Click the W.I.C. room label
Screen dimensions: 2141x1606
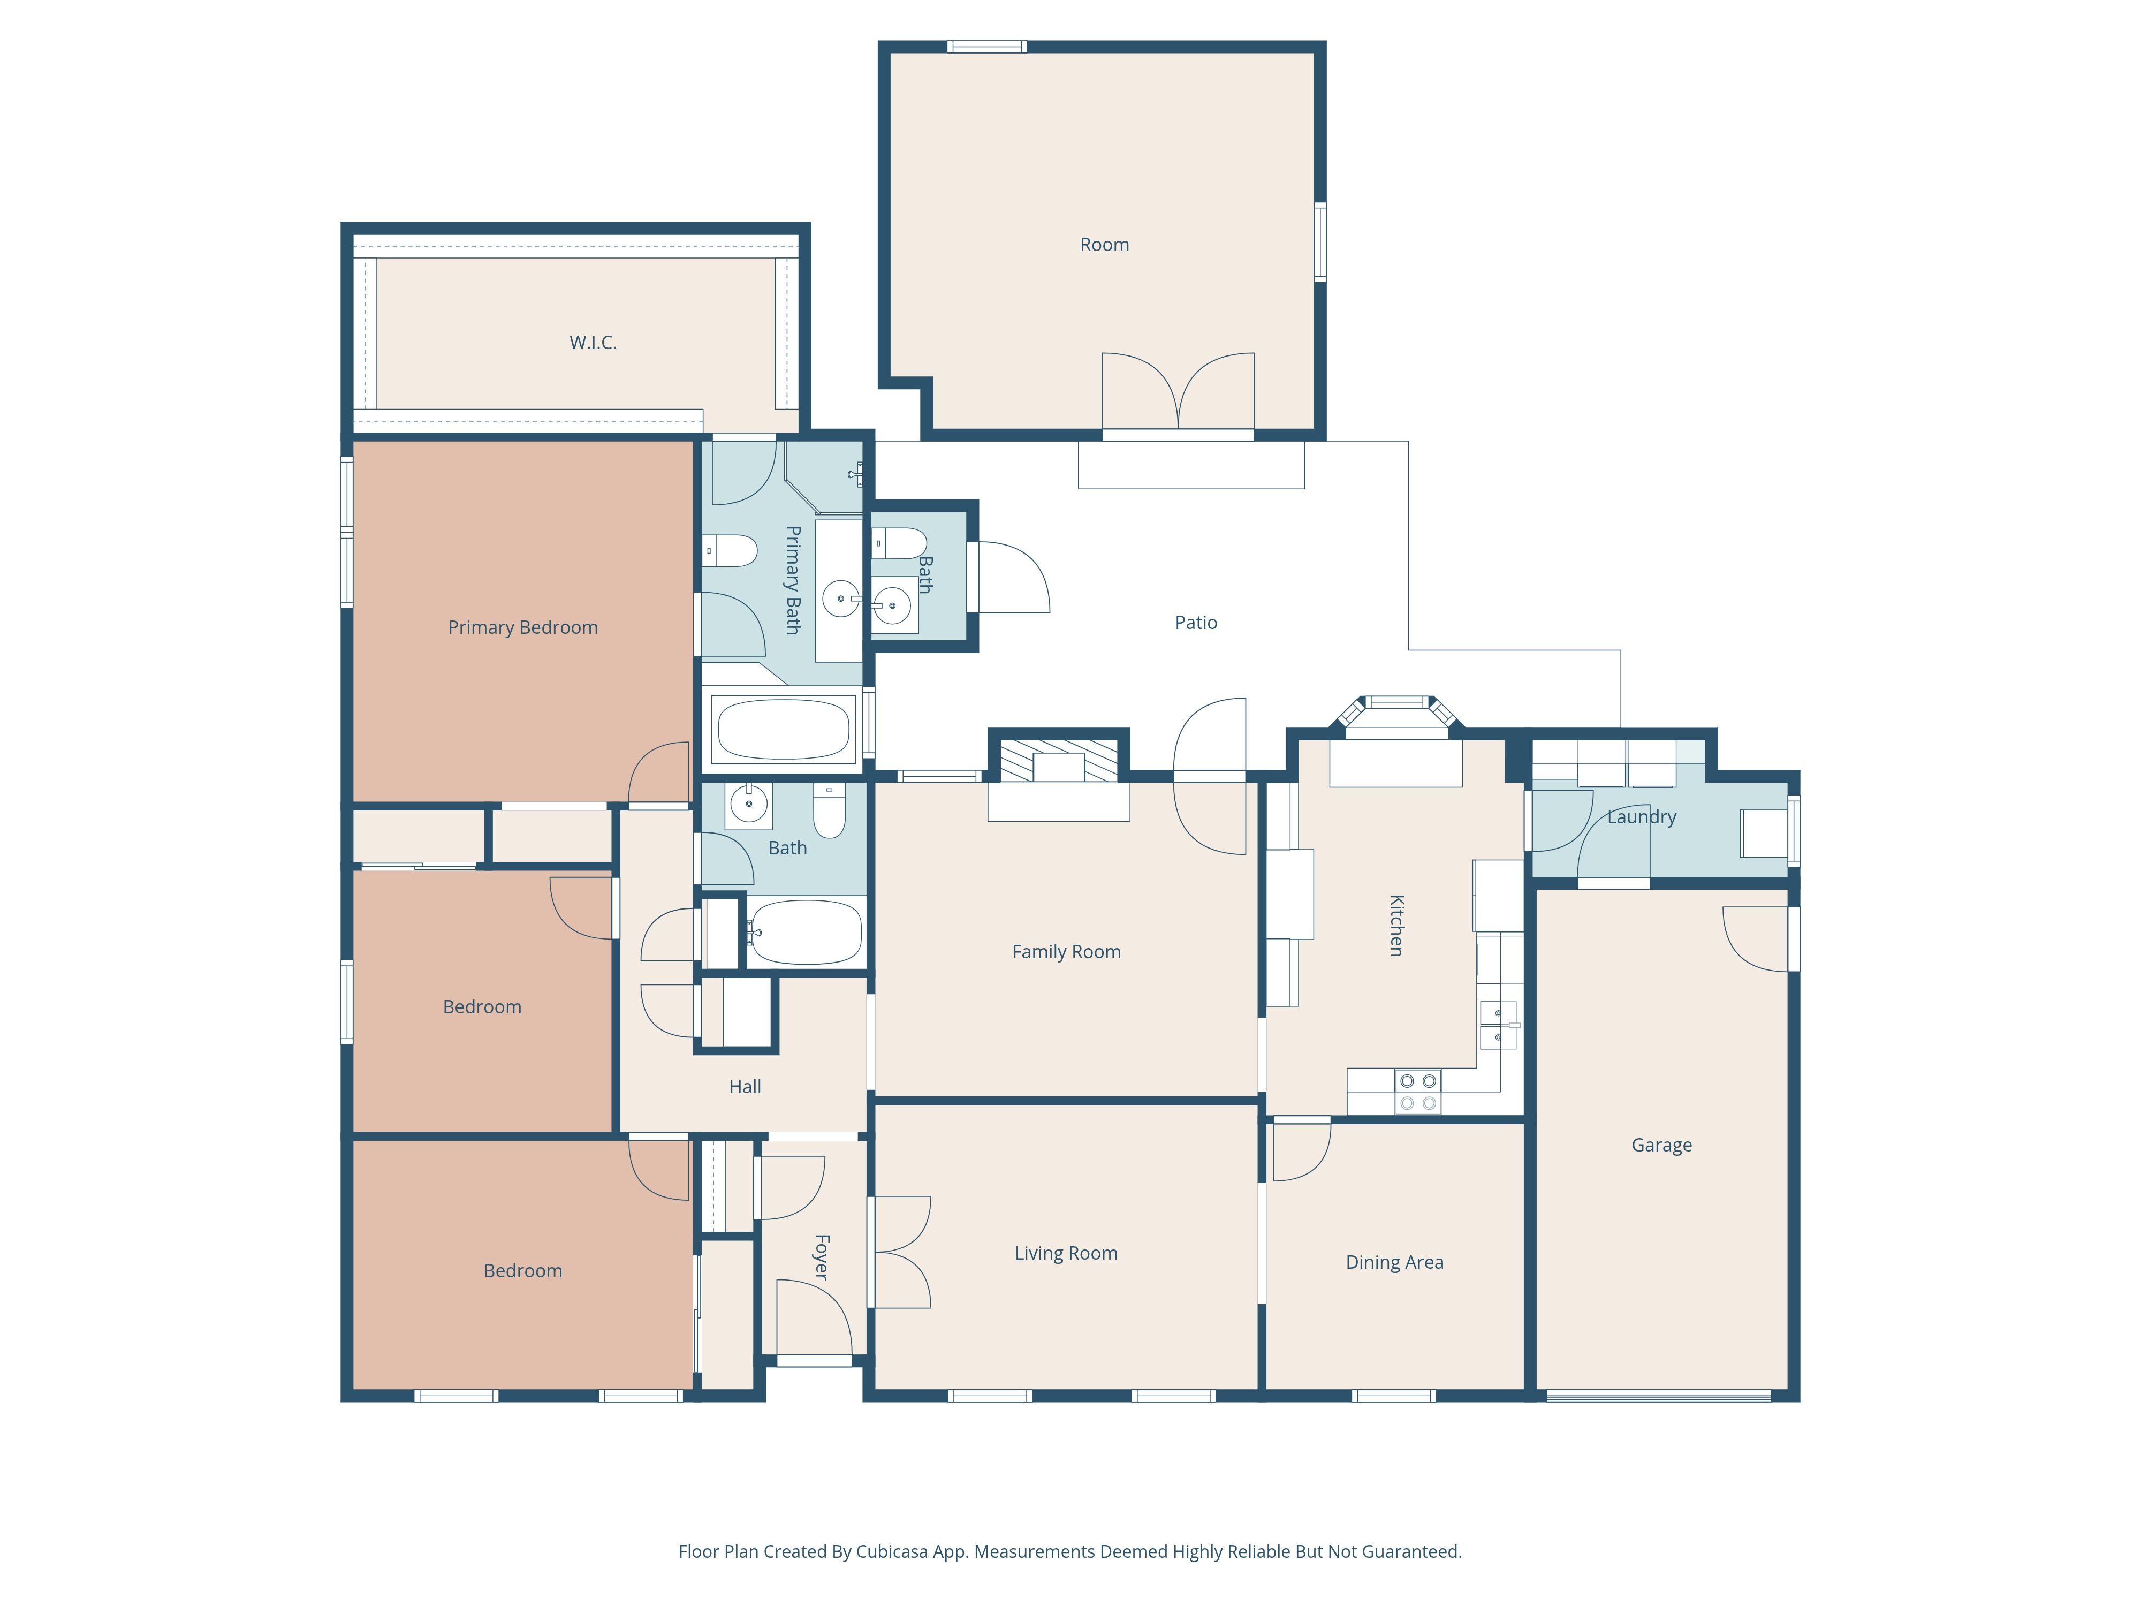pyautogui.click(x=593, y=343)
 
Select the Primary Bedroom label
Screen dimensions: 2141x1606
pyautogui.click(x=522, y=627)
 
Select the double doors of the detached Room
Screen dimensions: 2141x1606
pyautogui.click(x=1178, y=391)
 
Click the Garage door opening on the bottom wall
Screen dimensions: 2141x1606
pyautogui.click(x=1658, y=1397)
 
